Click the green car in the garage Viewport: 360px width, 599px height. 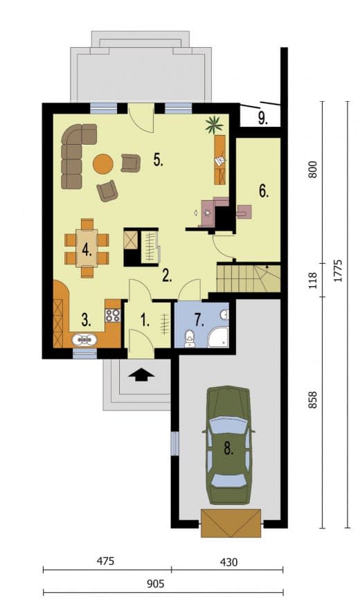click(x=228, y=445)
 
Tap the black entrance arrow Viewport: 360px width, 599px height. click(x=141, y=375)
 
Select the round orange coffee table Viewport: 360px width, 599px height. click(x=102, y=164)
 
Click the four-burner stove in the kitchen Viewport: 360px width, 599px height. click(x=113, y=315)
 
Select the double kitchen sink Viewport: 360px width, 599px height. click(x=84, y=339)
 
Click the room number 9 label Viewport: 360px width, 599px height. click(x=263, y=119)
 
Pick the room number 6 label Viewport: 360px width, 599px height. click(x=264, y=190)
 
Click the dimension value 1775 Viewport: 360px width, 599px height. click(x=337, y=271)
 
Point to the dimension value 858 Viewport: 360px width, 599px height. click(x=313, y=400)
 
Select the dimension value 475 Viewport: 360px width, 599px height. click(x=105, y=561)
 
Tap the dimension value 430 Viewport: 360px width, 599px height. click(x=228, y=562)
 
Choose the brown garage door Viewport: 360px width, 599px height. click(x=231, y=523)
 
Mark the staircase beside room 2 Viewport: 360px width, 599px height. click(x=249, y=278)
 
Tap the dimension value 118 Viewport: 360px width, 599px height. click(x=313, y=280)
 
